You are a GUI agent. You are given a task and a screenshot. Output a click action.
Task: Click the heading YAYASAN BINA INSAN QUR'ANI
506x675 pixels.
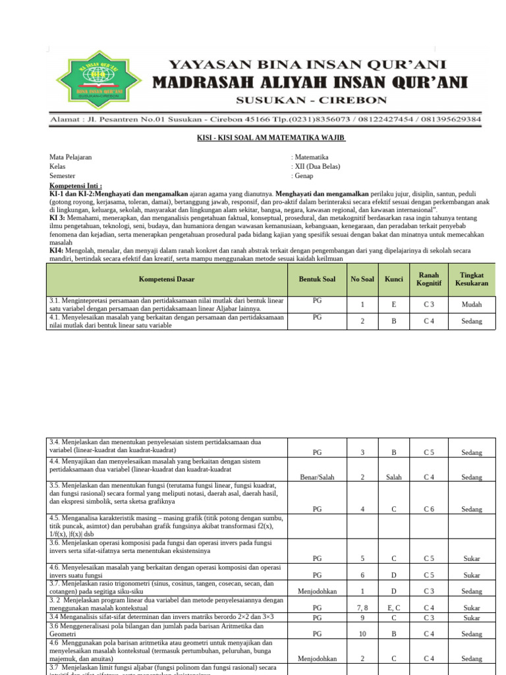[308, 65]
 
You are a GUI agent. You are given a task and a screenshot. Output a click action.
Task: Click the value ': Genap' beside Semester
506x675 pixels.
[304, 176]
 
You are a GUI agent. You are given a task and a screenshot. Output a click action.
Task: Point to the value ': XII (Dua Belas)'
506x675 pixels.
[316, 167]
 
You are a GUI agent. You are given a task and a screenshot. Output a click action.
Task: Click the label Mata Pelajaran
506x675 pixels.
[70, 158]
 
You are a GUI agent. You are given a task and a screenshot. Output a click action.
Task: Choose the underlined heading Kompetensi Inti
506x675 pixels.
[76, 187]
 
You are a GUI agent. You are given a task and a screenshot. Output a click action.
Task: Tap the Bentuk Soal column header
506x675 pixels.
[317, 279]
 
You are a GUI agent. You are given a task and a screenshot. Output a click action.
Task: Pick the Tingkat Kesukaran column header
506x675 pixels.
[472, 279]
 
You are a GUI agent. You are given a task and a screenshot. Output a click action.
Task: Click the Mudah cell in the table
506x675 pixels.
[472, 305]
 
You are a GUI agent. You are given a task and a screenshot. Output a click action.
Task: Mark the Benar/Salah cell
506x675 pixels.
[317, 477]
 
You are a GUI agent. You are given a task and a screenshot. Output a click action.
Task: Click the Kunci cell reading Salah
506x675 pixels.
[394, 477]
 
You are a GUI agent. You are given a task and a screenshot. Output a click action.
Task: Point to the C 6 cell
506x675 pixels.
[428, 509]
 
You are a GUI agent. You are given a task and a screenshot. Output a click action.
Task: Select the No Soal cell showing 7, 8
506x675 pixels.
[362, 607]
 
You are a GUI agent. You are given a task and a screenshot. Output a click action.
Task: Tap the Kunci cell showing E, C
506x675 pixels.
[394, 607]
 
